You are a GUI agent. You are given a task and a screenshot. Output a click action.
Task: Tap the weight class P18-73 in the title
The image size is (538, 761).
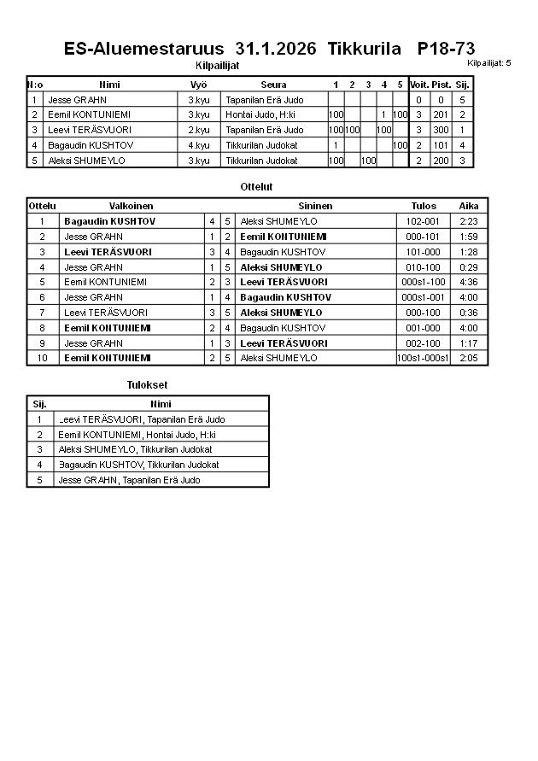[446, 48]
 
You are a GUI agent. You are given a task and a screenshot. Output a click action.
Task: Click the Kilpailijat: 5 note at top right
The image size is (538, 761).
[489, 63]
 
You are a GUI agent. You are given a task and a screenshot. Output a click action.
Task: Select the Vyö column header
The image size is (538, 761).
[198, 85]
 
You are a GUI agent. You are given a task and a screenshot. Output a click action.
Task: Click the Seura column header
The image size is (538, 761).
[273, 85]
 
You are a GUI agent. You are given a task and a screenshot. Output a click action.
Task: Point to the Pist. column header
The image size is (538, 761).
[441, 85]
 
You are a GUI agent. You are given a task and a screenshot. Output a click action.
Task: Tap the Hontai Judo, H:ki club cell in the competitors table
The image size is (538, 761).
[260, 114]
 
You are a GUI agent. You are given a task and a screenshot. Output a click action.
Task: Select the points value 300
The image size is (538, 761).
[441, 130]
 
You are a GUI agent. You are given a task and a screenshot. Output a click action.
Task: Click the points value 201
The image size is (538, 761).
[441, 114]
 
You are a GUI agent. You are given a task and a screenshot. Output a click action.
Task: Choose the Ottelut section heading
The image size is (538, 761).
[257, 186]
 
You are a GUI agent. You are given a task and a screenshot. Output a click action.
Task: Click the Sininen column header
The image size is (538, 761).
[315, 206]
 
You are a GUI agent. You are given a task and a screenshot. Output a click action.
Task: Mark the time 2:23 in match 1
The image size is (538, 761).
[468, 221]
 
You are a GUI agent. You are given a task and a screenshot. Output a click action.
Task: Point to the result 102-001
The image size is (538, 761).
[423, 221]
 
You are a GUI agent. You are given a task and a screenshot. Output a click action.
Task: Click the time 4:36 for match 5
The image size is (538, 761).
[468, 282]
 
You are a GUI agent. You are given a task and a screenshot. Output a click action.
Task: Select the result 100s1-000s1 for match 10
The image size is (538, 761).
[423, 358]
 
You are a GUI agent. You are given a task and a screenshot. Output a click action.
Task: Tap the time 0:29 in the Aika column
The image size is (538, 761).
[468, 266]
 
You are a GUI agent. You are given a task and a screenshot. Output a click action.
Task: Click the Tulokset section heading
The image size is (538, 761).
[147, 385]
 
